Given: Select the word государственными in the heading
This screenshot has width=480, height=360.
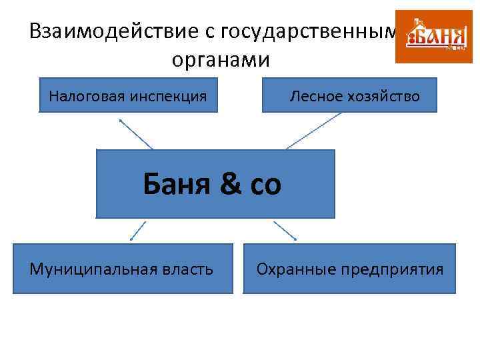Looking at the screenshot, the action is tap(313, 31).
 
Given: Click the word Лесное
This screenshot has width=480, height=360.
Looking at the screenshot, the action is tap(315, 97).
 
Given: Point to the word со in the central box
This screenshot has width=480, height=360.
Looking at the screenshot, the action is tap(265, 185).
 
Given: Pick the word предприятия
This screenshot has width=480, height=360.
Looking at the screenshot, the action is tap(391, 269).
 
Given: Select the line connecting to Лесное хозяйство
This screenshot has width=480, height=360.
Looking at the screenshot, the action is tap(313, 131).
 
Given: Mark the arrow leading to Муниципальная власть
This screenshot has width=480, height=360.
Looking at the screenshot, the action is tap(138, 230).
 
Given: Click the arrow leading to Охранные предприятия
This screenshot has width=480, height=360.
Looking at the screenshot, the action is tap(285, 230).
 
